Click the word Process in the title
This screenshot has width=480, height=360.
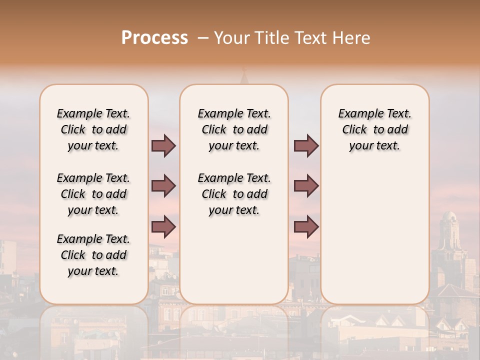point(154,38)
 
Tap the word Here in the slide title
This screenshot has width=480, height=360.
point(352,38)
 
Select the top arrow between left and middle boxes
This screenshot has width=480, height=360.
point(163,145)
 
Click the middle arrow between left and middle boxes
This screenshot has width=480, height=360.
point(163,186)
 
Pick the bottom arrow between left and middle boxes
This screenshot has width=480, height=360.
point(163,226)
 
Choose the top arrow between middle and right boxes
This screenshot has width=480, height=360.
point(306,145)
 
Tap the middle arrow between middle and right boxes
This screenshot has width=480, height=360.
point(306,186)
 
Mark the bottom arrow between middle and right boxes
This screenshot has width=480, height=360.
point(306,226)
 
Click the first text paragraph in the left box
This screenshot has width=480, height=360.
point(93,129)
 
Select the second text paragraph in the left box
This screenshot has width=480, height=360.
point(93,194)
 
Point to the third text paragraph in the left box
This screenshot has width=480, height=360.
point(93,255)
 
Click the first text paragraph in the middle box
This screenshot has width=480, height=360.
point(234,129)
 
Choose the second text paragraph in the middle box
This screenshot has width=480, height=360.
point(234,194)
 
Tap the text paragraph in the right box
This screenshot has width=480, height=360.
point(374,129)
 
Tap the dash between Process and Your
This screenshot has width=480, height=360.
point(202,38)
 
